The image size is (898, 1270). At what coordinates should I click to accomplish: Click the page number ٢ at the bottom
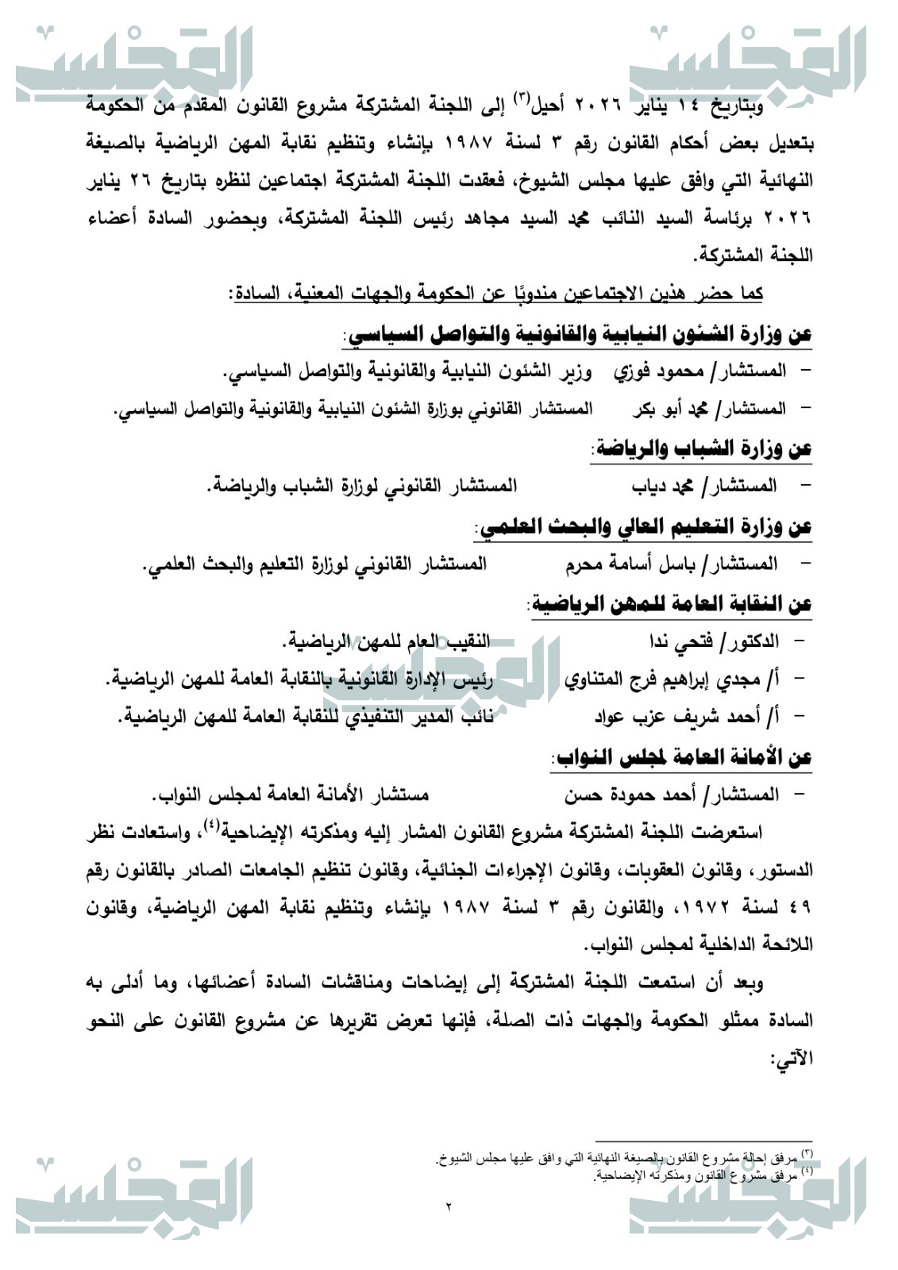[448, 1207]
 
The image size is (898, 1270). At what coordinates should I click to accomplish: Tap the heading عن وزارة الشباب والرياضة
[702, 448]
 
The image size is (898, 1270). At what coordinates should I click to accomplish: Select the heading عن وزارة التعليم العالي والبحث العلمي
[644, 526]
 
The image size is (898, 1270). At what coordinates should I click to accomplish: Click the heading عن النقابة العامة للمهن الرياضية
[672, 604]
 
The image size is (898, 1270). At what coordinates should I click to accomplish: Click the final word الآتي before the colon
[794, 1059]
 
